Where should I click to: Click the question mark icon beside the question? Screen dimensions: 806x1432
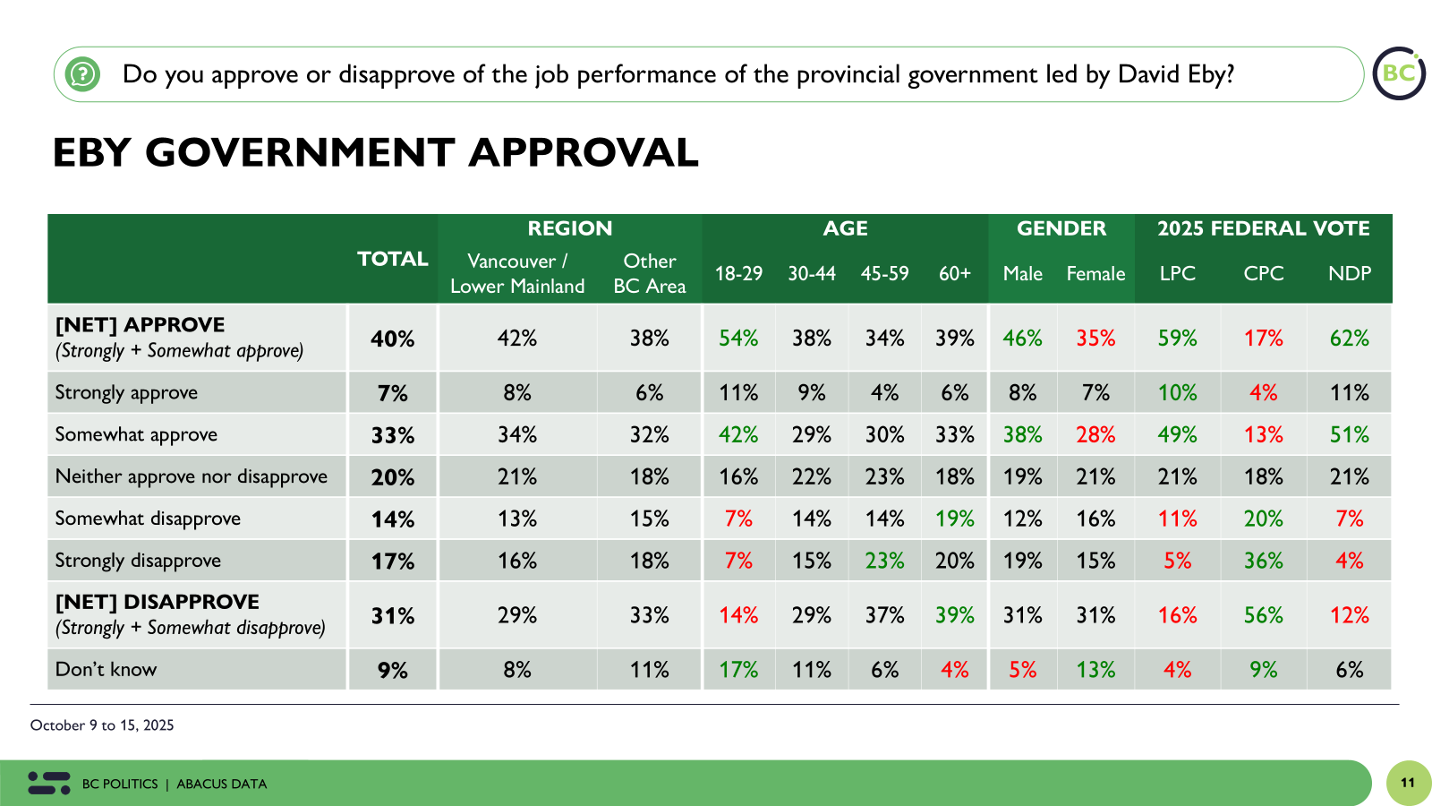[x=82, y=73]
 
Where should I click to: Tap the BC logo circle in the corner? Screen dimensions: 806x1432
[x=1399, y=73]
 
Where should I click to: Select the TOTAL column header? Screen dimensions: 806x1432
[x=392, y=259]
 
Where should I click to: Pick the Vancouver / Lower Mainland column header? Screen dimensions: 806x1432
[x=517, y=273]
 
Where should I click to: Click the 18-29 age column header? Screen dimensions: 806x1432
[x=738, y=273]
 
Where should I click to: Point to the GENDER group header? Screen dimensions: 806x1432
[x=1061, y=228]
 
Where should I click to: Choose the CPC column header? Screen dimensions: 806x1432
[x=1263, y=273]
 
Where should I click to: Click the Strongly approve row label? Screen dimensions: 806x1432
[x=126, y=392]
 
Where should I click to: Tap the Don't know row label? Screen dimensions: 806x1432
[x=106, y=669]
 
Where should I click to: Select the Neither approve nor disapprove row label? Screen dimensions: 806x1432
[x=191, y=476]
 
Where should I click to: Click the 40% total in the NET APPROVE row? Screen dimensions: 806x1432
[x=392, y=339]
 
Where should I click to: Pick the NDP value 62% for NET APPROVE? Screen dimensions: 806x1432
[x=1349, y=339]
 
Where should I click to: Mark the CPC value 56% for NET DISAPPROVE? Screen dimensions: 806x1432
[x=1263, y=615]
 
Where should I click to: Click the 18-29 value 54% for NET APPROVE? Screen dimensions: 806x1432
[x=738, y=339]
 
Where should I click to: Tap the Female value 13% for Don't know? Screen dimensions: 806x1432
[x=1095, y=670]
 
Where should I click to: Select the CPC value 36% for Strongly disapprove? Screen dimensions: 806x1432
[x=1263, y=561]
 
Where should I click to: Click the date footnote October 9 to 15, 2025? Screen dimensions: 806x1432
[x=102, y=725]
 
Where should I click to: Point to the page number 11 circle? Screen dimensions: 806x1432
[x=1408, y=783]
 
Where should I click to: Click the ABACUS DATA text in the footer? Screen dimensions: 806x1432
[x=222, y=785]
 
